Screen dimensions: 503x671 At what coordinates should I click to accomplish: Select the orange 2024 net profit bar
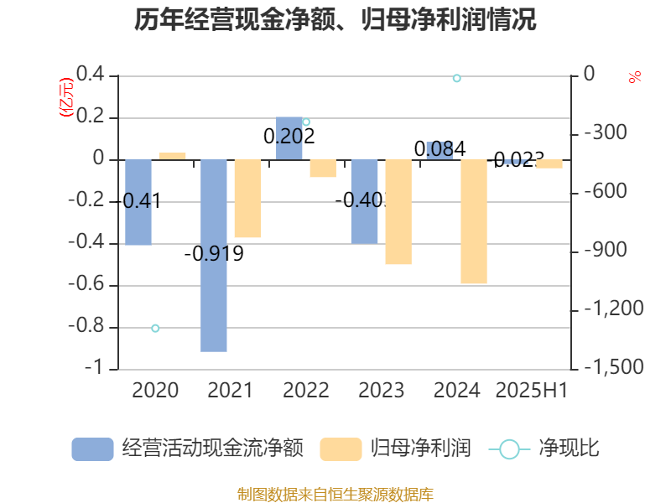pyautogui.click(x=474, y=222)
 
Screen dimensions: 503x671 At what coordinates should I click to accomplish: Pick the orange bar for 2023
pyautogui.click(x=398, y=212)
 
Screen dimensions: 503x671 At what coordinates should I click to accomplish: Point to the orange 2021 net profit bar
pyautogui.click(x=247, y=199)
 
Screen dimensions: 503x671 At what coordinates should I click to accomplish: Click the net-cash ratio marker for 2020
pyautogui.click(x=155, y=328)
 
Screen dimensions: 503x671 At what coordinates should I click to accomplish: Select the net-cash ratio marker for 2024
pyautogui.click(x=457, y=78)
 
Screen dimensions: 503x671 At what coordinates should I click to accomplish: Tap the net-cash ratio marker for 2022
pyautogui.click(x=306, y=122)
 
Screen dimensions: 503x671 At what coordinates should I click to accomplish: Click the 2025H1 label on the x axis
pyautogui.click(x=532, y=390)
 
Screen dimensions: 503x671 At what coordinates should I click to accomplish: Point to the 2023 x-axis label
pyautogui.click(x=382, y=390)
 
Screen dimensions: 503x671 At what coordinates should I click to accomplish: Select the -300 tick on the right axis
pyautogui.click(x=604, y=133)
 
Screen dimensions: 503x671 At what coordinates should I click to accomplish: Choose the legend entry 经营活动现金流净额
pyautogui.click(x=189, y=449)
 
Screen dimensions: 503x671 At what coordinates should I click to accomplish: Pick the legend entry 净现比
pyautogui.click(x=545, y=449)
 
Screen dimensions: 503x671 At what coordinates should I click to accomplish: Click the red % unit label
pyautogui.click(x=635, y=78)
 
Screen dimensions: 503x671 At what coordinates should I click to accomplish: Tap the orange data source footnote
pyautogui.click(x=335, y=494)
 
